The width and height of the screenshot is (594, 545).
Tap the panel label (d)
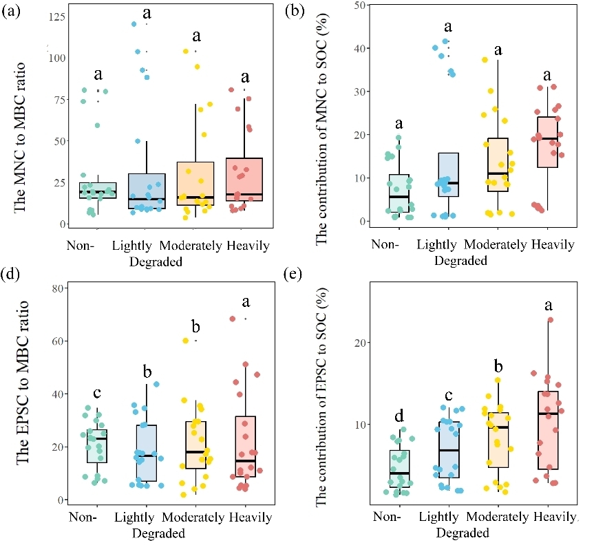tap(12, 280)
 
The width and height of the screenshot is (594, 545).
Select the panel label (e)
tap(297, 280)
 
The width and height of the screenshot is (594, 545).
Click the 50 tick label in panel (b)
tap(357, 5)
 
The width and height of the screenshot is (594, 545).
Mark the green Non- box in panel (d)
tap(96, 446)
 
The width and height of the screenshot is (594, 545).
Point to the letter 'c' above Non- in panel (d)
tap(97, 394)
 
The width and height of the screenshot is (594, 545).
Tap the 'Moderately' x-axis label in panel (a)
tap(191, 246)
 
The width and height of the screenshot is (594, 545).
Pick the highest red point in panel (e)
tap(550, 320)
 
